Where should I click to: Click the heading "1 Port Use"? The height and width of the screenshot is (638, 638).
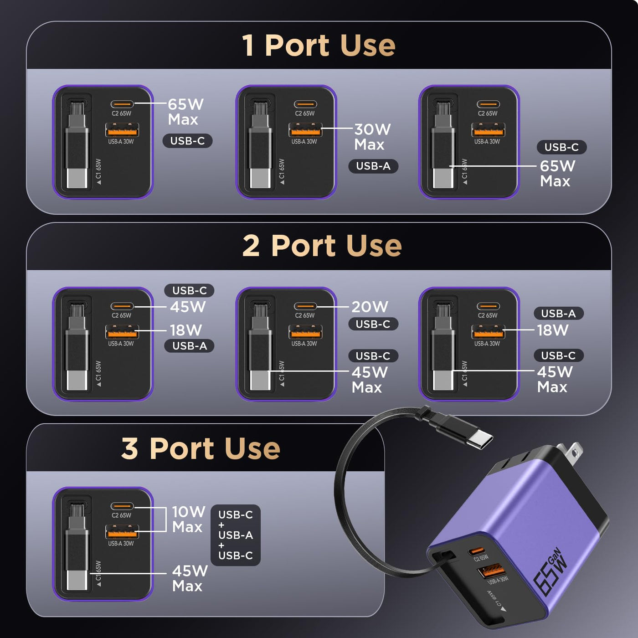click(319, 46)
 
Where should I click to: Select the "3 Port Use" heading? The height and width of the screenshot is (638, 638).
click(201, 448)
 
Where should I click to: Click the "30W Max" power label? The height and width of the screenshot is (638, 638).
click(372, 137)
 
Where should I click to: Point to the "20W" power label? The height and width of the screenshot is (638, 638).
click(370, 307)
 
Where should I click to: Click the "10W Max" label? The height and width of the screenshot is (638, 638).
click(188, 519)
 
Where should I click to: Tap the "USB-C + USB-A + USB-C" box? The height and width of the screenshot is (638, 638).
click(236, 535)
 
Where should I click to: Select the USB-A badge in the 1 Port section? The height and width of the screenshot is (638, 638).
click(373, 166)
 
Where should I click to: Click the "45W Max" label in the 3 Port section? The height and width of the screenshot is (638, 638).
click(190, 578)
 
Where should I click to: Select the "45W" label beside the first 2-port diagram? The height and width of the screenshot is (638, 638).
click(188, 307)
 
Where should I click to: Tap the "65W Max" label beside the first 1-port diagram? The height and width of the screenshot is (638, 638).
click(185, 112)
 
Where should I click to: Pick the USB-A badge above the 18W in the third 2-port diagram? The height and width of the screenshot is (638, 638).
click(559, 313)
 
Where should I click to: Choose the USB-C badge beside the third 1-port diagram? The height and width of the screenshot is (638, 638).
click(561, 147)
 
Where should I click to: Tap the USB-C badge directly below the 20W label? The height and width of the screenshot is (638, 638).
click(373, 324)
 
